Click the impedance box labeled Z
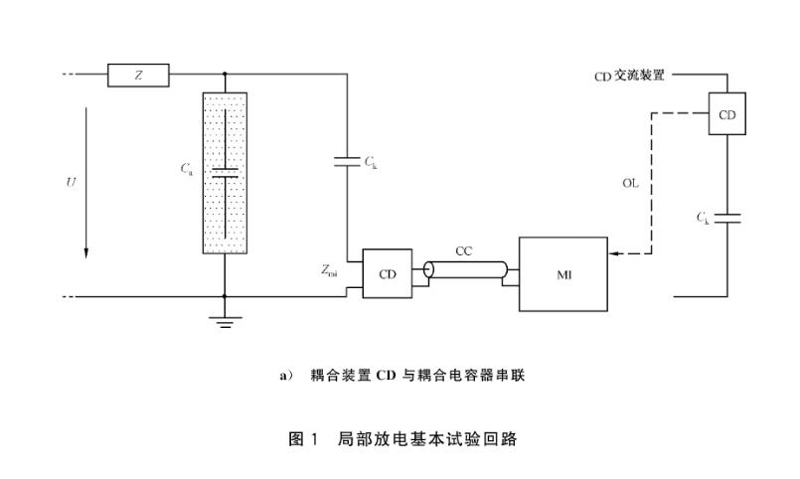tap(139, 74)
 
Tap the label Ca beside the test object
tap(187, 170)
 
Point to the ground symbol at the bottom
tap(225, 320)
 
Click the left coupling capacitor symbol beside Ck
tap(346, 160)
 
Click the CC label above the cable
tap(464, 251)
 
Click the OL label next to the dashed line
tap(630, 184)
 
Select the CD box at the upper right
tap(726, 114)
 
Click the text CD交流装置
tap(629, 76)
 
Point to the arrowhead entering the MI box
tap(614, 255)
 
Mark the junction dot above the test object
tap(225, 74)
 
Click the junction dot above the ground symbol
tap(225, 296)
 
